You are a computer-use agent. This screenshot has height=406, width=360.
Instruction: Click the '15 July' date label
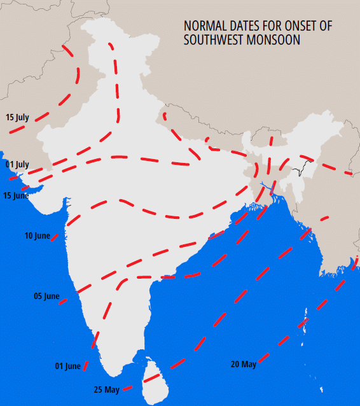click(x=17, y=117)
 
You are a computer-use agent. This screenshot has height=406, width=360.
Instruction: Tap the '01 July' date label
click(x=17, y=164)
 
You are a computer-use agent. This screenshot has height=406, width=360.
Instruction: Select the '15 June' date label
click(x=16, y=195)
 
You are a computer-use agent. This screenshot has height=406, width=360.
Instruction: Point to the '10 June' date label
click(x=37, y=236)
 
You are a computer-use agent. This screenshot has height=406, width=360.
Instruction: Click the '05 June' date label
click(x=46, y=297)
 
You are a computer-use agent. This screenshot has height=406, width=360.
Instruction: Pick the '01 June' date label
click(x=68, y=366)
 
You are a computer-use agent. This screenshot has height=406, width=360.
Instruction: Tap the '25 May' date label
click(x=106, y=389)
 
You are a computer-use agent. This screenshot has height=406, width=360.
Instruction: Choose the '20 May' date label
click(x=244, y=364)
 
